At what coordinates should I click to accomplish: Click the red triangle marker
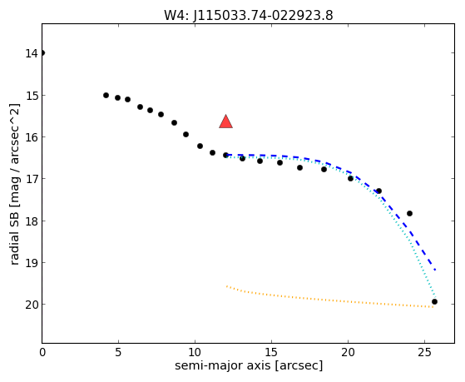(x=225, y=122)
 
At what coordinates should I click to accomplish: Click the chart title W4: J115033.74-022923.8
(x=249, y=15)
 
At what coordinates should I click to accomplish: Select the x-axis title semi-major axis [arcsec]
(x=249, y=365)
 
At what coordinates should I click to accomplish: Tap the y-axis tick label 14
(x=32, y=53)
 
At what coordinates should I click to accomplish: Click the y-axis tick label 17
(x=32, y=179)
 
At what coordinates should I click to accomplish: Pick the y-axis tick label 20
(x=32, y=305)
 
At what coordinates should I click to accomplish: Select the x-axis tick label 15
(x=271, y=352)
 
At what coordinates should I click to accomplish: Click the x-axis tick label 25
(x=424, y=352)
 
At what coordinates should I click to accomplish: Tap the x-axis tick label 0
(x=42, y=352)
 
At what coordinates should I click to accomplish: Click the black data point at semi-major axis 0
(x=42, y=53)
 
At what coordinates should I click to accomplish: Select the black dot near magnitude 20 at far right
(x=434, y=301)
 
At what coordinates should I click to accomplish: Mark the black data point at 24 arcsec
(x=409, y=213)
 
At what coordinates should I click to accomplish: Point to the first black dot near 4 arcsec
(x=106, y=95)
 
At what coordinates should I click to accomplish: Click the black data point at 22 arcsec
(x=378, y=191)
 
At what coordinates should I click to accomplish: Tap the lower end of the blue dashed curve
(x=435, y=270)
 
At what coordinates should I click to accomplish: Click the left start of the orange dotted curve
(x=226, y=286)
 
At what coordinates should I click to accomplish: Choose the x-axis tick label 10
(x=195, y=352)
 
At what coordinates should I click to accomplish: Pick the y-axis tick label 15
(x=32, y=96)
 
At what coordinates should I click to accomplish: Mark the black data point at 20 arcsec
(x=350, y=178)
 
